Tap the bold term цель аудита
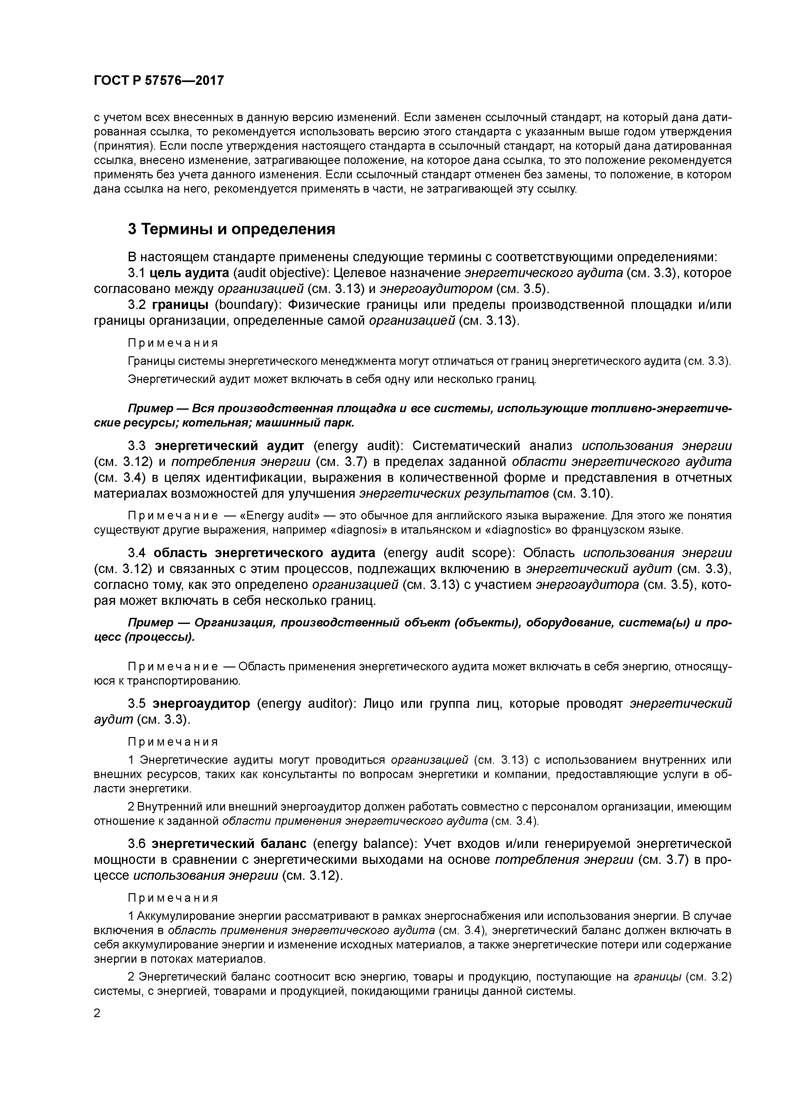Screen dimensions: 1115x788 [189, 273]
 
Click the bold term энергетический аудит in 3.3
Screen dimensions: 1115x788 [229, 446]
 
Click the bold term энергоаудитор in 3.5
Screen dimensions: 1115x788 [201, 704]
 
